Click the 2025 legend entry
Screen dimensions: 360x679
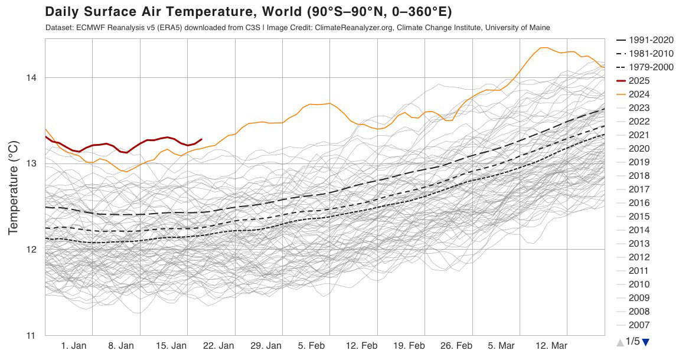(639, 80)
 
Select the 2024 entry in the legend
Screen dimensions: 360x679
(639, 94)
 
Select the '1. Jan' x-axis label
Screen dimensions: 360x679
(74, 346)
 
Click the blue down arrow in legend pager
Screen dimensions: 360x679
(645, 342)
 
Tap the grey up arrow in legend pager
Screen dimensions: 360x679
(619, 342)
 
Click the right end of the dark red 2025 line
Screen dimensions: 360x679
(202, 139)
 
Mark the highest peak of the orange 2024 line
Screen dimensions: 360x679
(543, 47)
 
